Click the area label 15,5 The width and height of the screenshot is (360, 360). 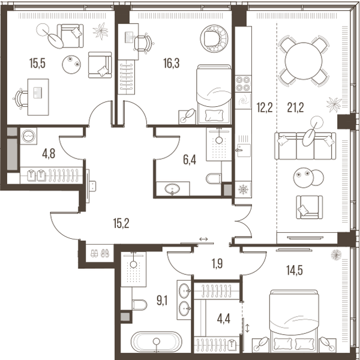(x=37, y=63)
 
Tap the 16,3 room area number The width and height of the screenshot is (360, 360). (x=171, y=63)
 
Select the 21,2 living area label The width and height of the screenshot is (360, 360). (x=295, y=107)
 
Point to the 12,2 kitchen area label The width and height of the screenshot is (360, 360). (x=265, y=107)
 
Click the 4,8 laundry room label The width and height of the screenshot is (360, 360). (x=49, y=154)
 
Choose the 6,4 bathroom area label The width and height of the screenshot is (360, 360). (x=190, y=160)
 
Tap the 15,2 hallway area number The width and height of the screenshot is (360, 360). (x=121, y=223)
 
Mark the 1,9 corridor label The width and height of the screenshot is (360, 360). (x=217, y=263)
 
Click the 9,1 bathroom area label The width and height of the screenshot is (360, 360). (x=162, y=301)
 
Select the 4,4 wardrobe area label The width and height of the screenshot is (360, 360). (x=223, y=319)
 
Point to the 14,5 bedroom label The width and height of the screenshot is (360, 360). (x=295, y=270)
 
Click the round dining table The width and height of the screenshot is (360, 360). (x=304, y=61)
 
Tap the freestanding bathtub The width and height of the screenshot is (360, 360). (x=157, y=341)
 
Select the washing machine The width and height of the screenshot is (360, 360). (x=28, y=136)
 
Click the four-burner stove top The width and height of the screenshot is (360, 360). (x=243, y=83)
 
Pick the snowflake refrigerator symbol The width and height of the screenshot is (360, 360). (x=243, y=190)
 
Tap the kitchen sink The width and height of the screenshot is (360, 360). (x=244, y=150)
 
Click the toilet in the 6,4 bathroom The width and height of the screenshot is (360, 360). (x=214, y=178)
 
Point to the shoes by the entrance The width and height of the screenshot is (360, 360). (x=100, y=253)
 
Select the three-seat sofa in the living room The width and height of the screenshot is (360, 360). (x=305, y=146)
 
